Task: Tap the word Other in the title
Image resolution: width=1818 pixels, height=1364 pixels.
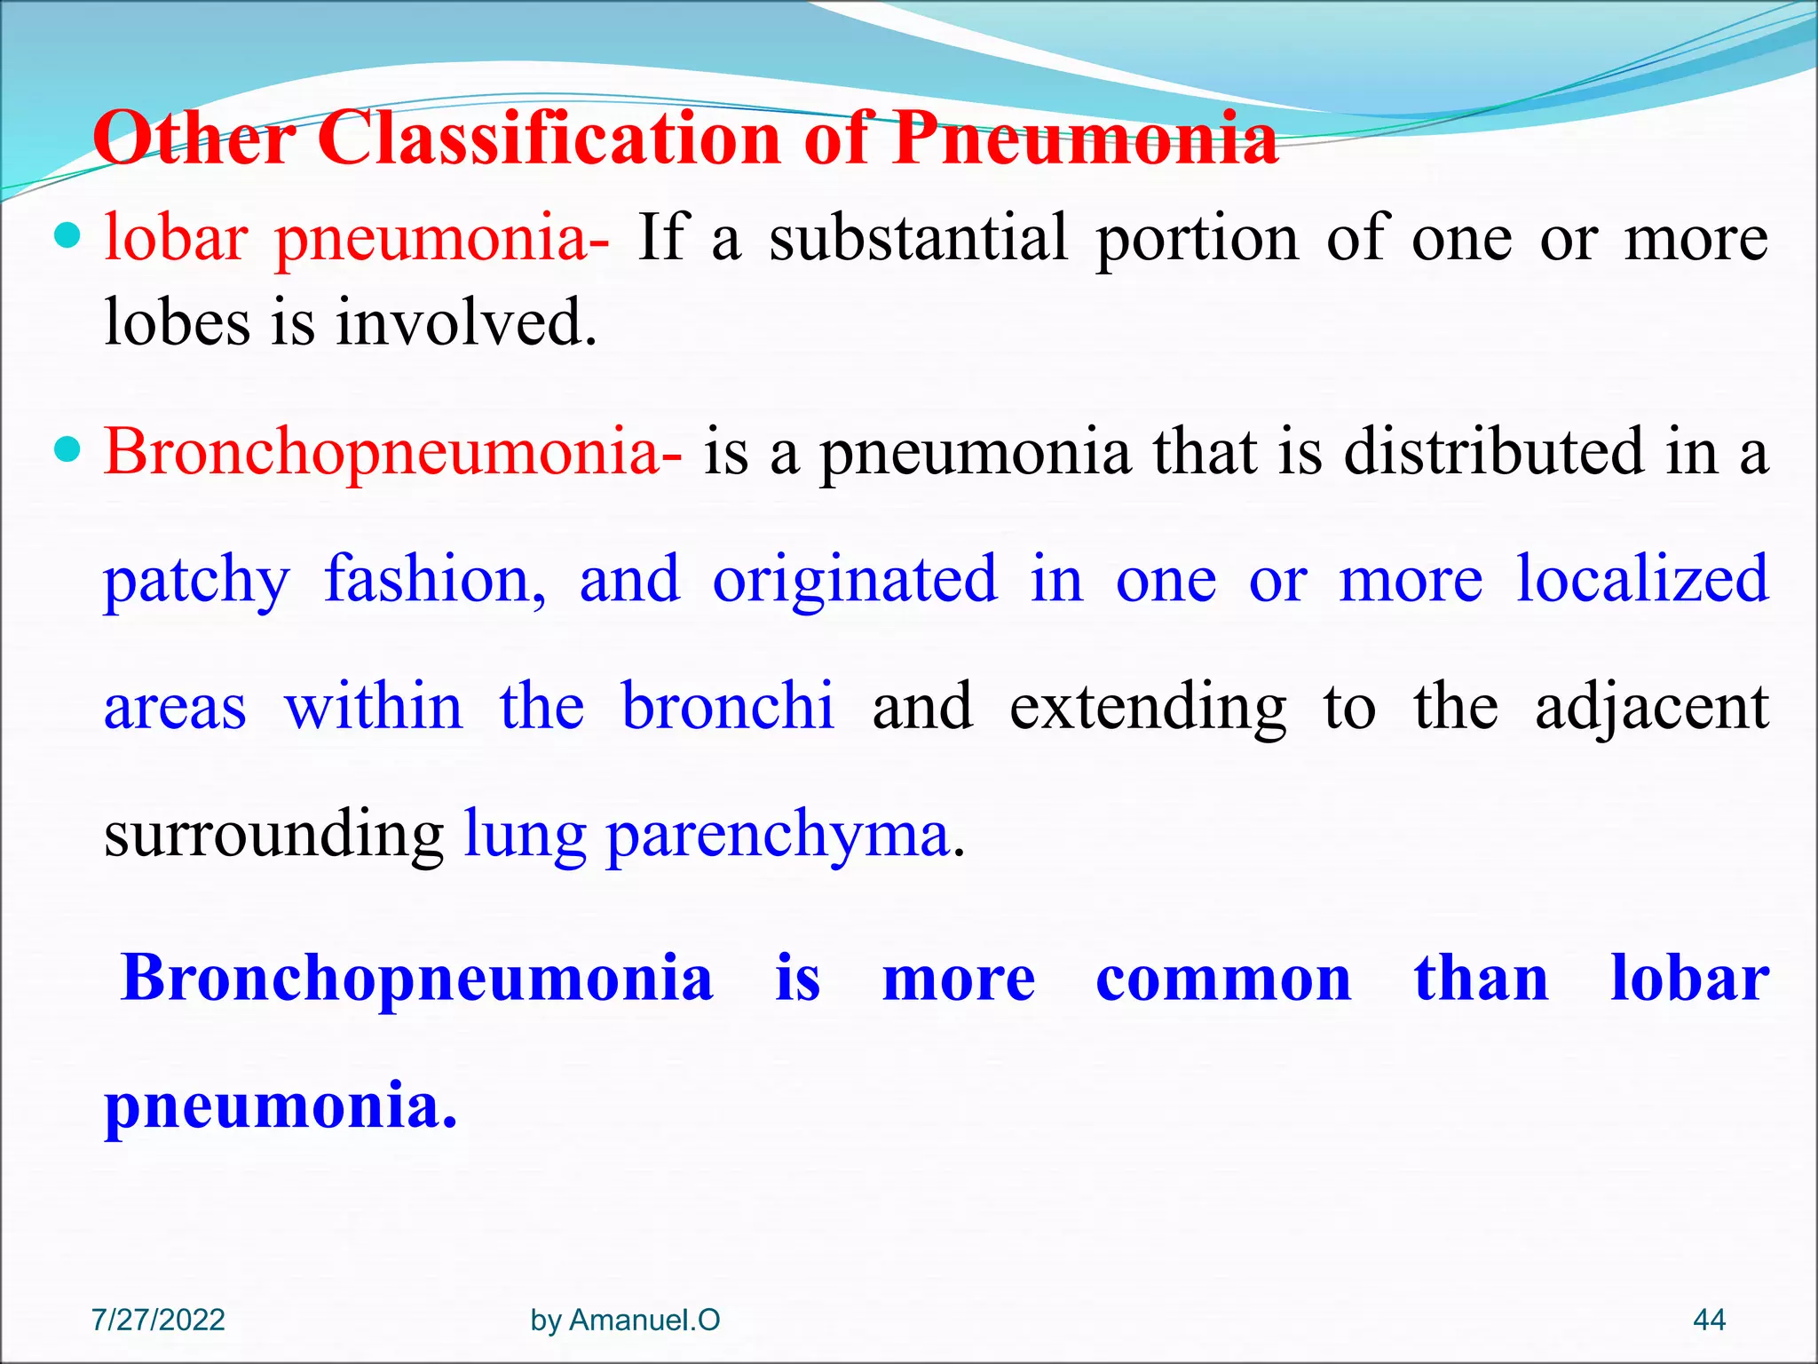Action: pos(194,139)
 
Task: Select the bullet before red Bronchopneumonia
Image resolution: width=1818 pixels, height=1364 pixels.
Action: pos(67,449)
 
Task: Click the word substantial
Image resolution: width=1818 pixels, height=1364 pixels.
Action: pos(918,238)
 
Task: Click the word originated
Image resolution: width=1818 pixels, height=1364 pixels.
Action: pos(855,580)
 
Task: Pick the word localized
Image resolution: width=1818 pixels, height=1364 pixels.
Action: pos(1642,580)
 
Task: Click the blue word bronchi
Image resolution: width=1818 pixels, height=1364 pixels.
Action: pos(728,707)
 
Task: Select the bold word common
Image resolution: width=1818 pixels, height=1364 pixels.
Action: pos(1222,979)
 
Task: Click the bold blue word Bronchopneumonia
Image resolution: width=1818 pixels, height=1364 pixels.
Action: pos(417,979)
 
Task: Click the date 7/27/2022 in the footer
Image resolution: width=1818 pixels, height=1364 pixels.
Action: pos(158,1320)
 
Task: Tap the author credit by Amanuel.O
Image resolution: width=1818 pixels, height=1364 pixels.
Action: pos(625,1320)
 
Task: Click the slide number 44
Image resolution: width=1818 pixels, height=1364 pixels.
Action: pos(1709,1320)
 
